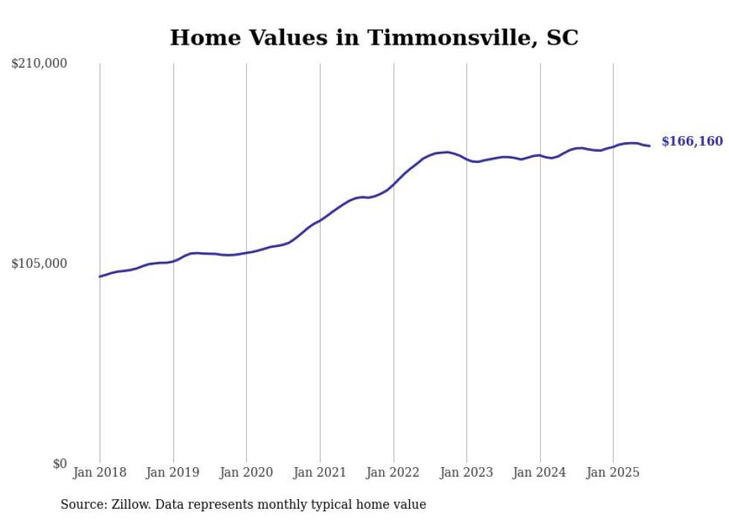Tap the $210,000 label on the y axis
click(x=39, y=64)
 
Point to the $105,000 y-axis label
click(x=39, y=263)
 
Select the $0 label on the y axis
click(x=60, y=463)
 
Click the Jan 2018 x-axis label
click(x=100, y=472)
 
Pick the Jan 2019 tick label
click(x=173, y=472)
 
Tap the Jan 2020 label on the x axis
click(x=246, y=472)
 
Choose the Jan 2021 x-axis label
click(x=320, y=472)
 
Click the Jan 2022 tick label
click(x=394, y=472)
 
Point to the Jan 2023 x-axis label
click(x=466, y=472)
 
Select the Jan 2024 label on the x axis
click(x=540, y=472)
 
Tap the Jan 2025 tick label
click(x=613, y=472)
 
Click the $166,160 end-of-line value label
click(x=692, y=141)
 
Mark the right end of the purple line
click(x=649, y=146)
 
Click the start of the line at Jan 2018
click(x=100, y=276)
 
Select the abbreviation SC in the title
click(x=562, y=38)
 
